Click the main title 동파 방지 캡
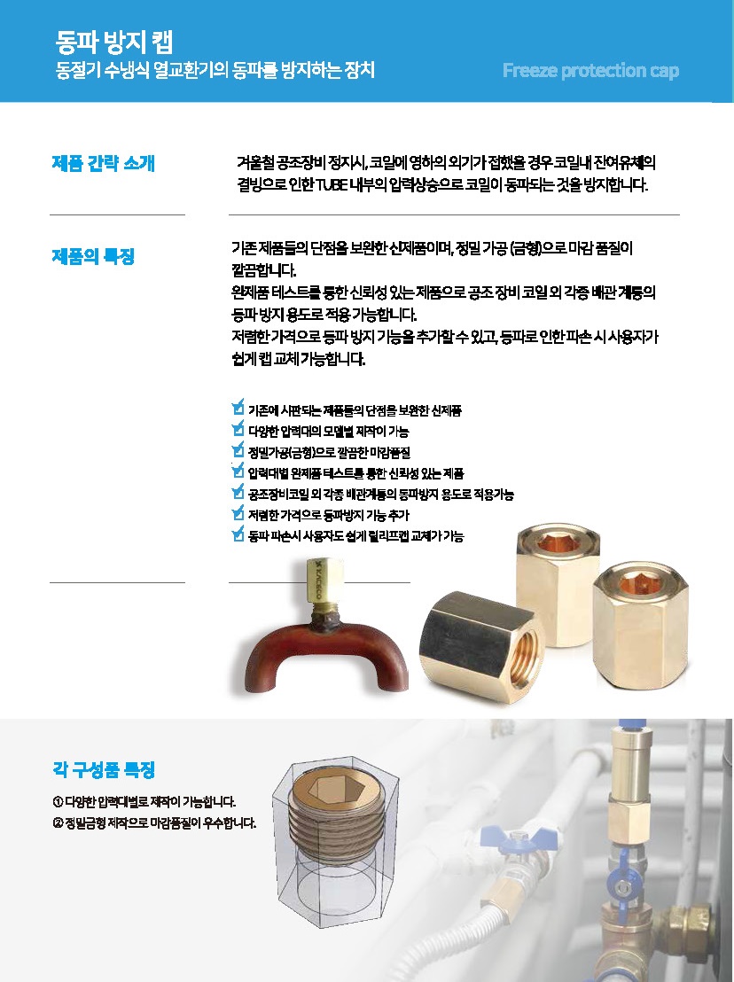pyautogui.click(x=114, y=42)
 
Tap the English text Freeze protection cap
pyautogui.click(x=590, y=70)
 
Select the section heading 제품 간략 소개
pyautogui.click(x=104, y=163)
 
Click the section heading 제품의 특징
pyautogui.click(x=93, y=256)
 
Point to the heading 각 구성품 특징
pyautogui.click(x=104, y=769)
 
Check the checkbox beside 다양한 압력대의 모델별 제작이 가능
pyautogui.click(x=238, y=429)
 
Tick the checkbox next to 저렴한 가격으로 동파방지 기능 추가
pyautogui.click(x=238, y=513)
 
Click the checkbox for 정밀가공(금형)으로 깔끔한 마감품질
pyautogui.click(x=238, y=449)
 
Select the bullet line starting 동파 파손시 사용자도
pyautogui.click(x=355, y=536)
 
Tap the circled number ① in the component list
pyautogui.click(x=58, y=802)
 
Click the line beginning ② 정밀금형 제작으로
pyautogui.click(x=154, y=823)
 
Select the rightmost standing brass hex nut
pyautogui.click(x=640, y=633)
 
